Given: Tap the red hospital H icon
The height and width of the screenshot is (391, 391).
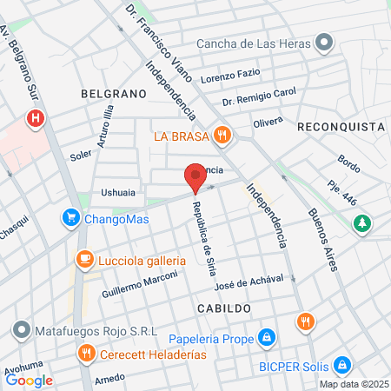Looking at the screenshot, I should click(36, 118).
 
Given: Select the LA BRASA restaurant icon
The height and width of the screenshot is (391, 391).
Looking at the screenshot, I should click(223, 136).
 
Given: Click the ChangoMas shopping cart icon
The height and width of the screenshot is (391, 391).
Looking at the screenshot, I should click(70, 219).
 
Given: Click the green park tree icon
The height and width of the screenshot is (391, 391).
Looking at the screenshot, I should click(361, 224).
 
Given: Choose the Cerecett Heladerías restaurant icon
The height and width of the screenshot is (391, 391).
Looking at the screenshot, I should click(85, 353).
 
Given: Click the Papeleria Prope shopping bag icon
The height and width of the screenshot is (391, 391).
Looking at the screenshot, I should click(268, 336).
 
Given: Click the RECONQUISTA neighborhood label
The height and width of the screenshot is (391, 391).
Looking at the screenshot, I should click(340, 127).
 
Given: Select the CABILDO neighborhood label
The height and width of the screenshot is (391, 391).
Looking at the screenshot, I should click(223, 308).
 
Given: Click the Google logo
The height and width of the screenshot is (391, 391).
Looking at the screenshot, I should click(30, 380).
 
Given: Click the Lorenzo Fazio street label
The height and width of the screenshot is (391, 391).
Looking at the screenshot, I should click(229, 77).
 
